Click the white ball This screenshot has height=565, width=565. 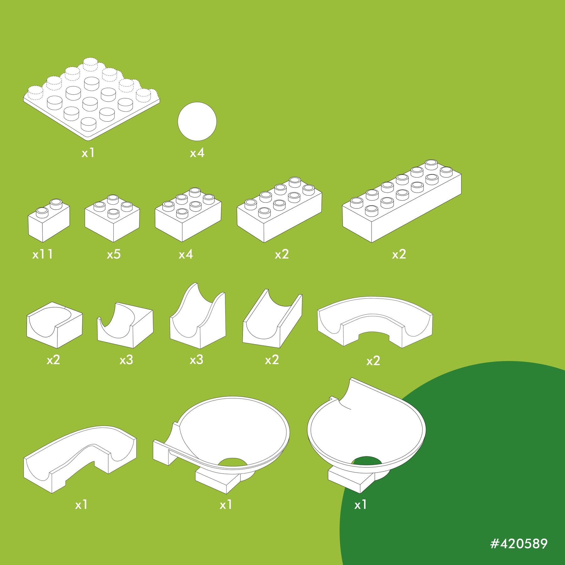pos(197,121)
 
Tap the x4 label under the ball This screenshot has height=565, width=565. pos(197,153)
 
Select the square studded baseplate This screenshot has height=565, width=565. pos(92,99)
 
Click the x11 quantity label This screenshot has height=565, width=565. pos(42,254)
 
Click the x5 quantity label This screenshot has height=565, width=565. pos(114,254)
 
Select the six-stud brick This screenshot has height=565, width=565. pos(188,215)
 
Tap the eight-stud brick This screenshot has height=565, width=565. pos(279,210)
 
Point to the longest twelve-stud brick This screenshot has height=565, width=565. pos(402,201)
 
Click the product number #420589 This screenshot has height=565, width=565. pos(519,544)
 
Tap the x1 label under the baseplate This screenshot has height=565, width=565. pos(88,153)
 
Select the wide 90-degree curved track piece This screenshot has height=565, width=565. pos(375,322)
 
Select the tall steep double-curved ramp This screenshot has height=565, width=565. pos(198,316)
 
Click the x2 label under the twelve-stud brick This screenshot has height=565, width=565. pos(399,254)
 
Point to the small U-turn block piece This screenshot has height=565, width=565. pos(55,325)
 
